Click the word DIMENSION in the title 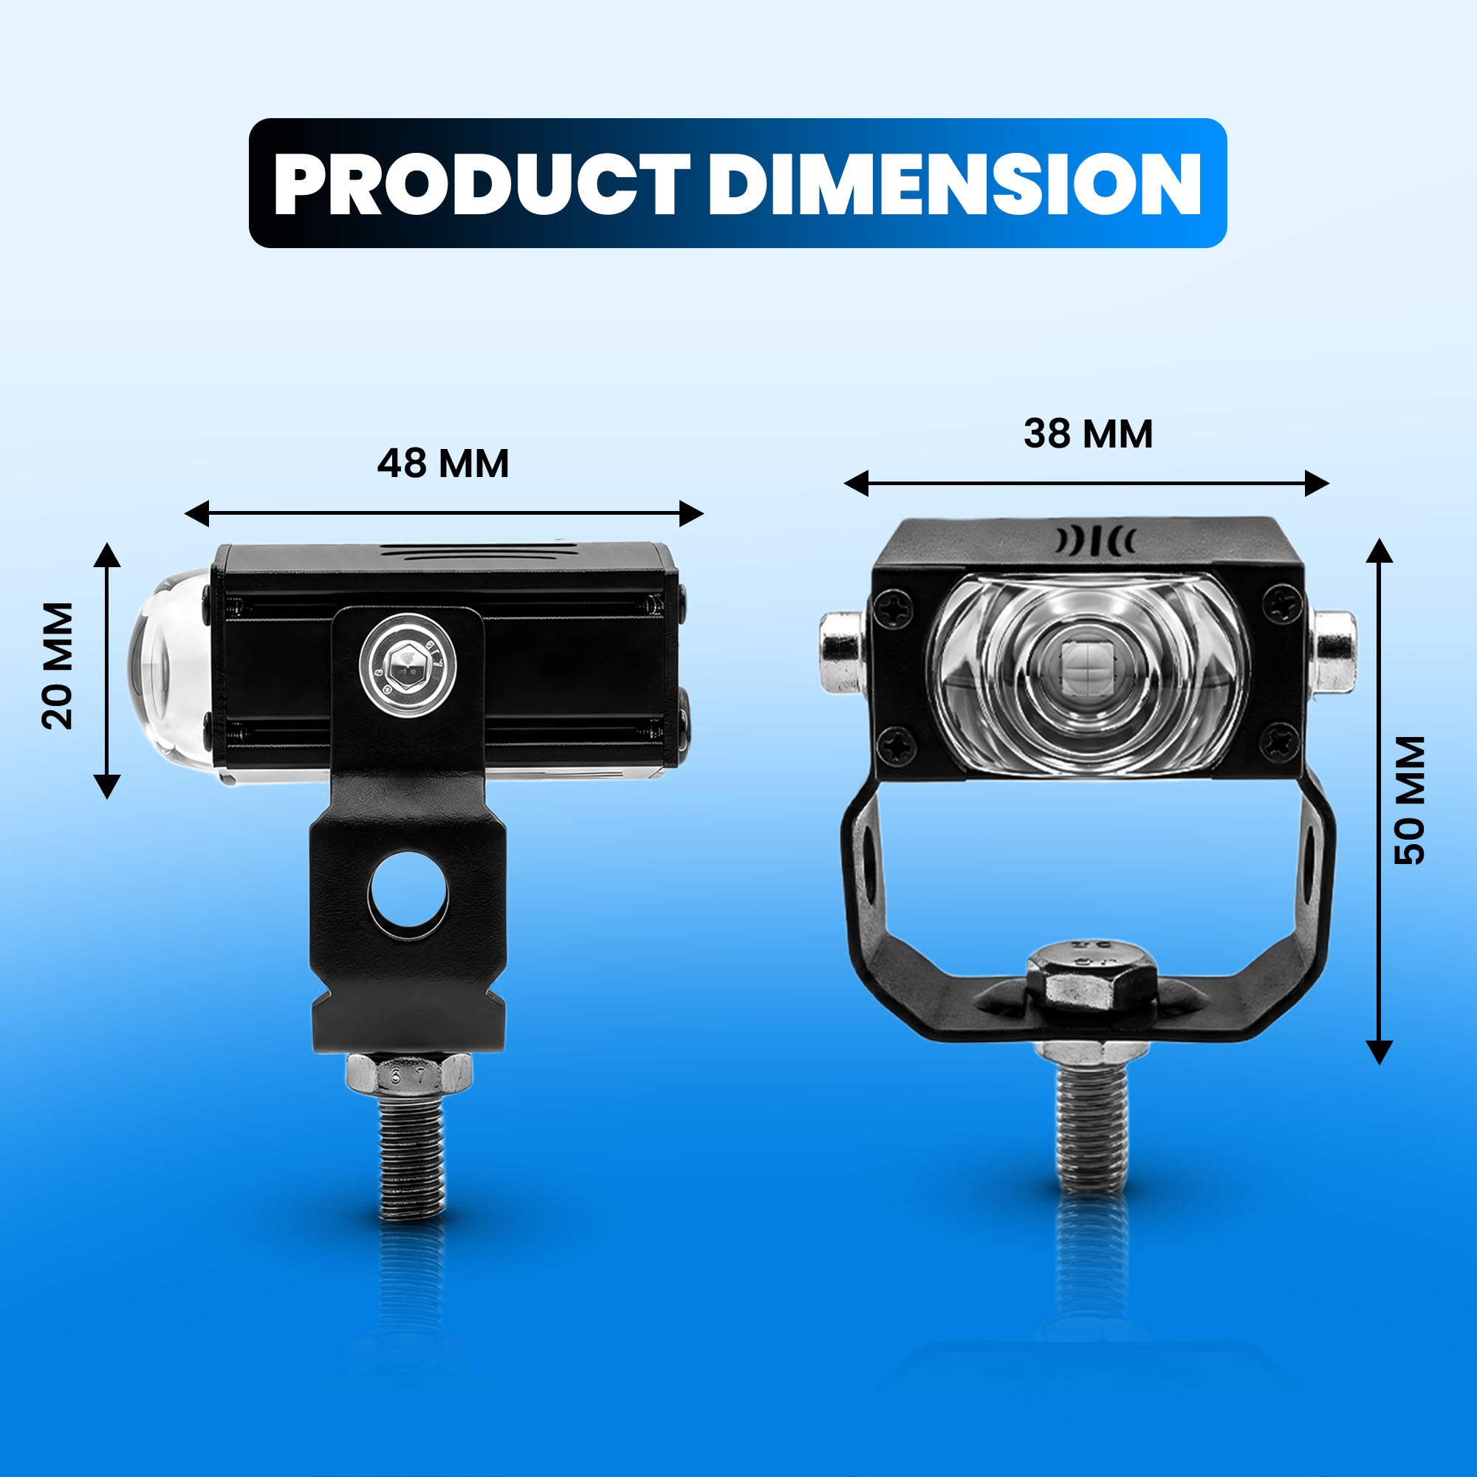point(955,184)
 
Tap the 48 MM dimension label point(442,463)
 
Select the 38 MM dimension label point(1088,433)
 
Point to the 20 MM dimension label point(58,666)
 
